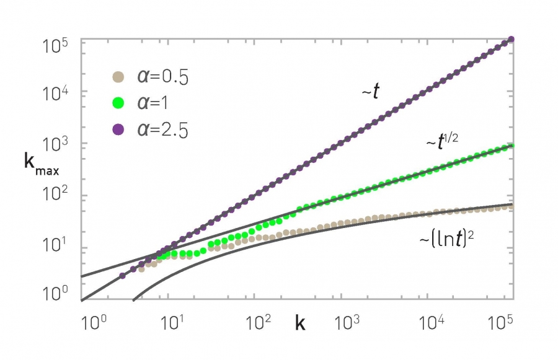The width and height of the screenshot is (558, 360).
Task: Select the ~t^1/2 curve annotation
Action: click(x=442, y=141)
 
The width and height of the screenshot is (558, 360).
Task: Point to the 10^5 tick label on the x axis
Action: click(x=498, y=322)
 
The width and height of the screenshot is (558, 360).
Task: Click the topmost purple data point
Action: click(x=511, y=40)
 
